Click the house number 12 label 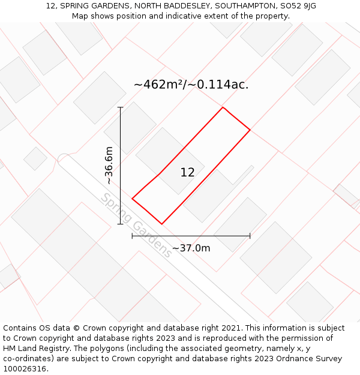tap(188, 172)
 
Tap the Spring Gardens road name tap(136, 226)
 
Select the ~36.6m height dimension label tap(109, 166)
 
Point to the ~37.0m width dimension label tap(191, 248)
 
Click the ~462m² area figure tap(158, 84)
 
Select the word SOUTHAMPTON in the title tap(246, 6)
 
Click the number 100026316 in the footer tap(26, 368)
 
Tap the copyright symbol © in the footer tap(76, 328)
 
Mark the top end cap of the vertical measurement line tap(121, 107)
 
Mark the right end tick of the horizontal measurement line tap(250, 236)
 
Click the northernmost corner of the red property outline tap(223, 107)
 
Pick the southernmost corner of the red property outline tap(162, 224)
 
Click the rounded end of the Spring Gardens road tap(62, 158)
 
